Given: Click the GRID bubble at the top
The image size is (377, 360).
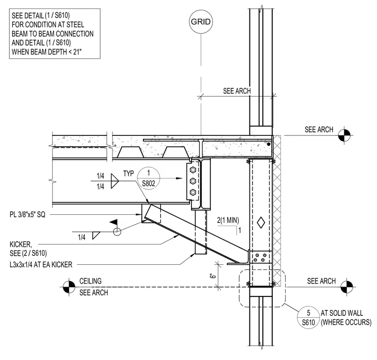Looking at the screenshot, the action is tap(201, 22).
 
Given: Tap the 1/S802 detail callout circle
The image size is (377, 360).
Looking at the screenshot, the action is tap(148, 179).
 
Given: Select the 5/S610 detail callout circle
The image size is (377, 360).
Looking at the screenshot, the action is tap(309, 317).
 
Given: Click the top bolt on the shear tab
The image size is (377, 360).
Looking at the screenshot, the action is tap(193, 170).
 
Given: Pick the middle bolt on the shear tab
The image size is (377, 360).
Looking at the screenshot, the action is tap(193, 181).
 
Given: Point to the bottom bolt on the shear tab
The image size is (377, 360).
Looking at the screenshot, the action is tap(193, 192).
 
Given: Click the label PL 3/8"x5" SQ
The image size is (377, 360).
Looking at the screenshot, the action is tap(27, 215).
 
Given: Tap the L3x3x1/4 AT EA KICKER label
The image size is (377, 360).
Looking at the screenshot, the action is tap(41, 265).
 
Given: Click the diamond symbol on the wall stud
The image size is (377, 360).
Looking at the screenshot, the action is tap(261, 223).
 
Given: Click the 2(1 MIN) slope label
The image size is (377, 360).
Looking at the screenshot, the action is tap(228, 220).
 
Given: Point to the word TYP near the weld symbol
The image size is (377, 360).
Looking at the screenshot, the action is tap(128, 174).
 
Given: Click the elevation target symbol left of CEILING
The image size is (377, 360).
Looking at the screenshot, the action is tap(69, 287).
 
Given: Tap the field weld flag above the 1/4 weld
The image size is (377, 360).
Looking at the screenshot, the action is tap(114, 222).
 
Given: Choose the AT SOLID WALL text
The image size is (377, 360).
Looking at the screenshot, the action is tap(342, 313).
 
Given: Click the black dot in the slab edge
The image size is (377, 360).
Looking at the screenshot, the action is tap(268, 144).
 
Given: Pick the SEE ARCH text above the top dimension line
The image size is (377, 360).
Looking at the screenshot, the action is tap(237, 91).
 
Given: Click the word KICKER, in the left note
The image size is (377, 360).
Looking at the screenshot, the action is tap(21, 244).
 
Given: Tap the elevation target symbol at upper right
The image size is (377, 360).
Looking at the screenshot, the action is tap(344, 135).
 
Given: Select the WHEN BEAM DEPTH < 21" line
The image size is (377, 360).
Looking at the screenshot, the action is tap(47, 52).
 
